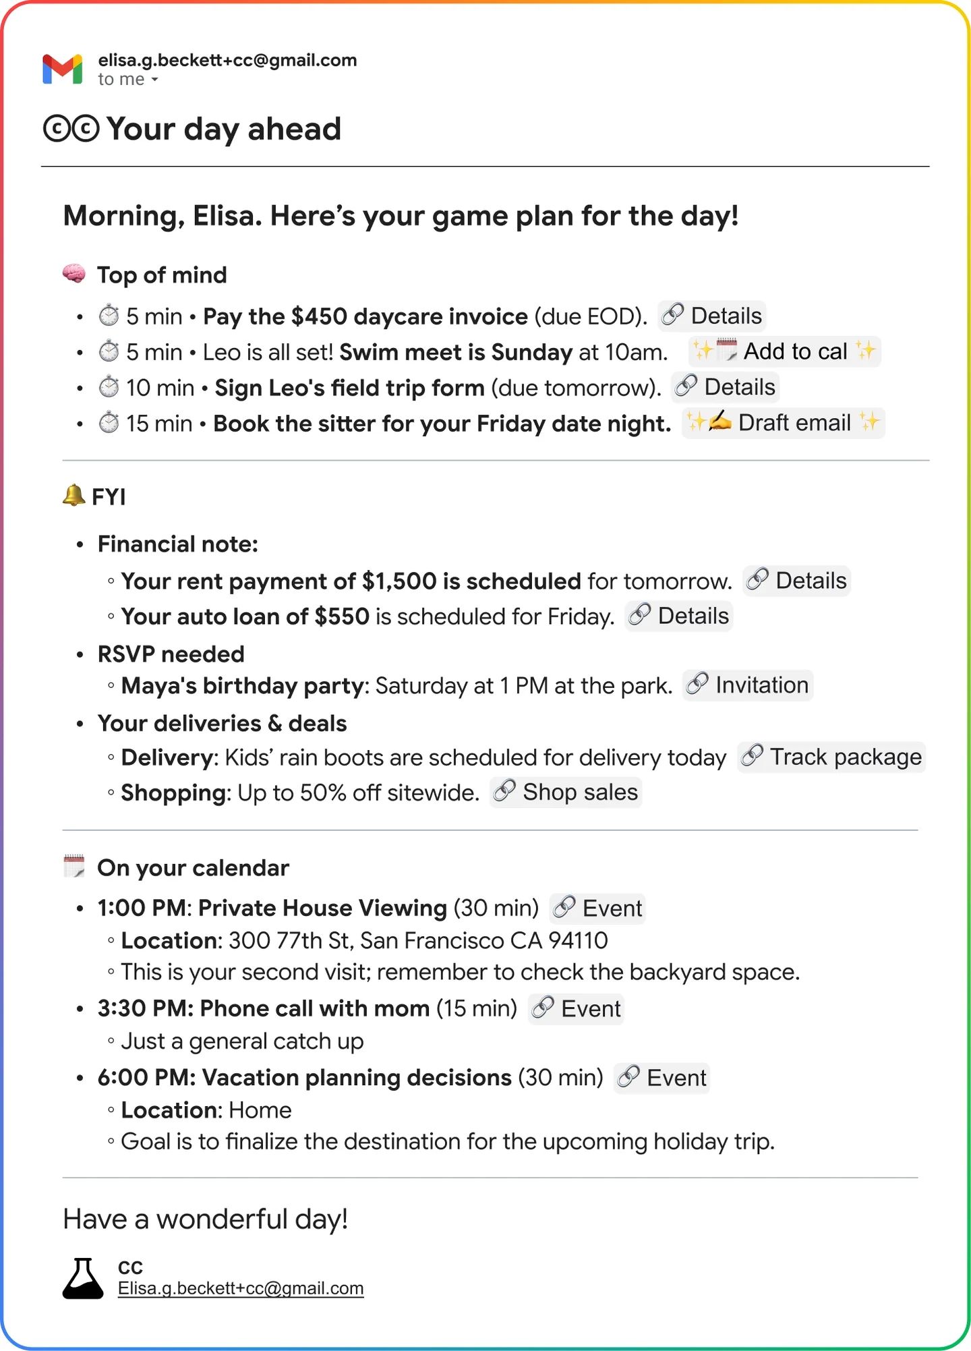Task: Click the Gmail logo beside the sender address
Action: (x=62, y=69)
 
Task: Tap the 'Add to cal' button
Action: (x=785, y=351)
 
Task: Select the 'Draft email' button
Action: (x=783, y=423)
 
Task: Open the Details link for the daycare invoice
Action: (x=711, y=316)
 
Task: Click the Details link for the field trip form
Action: (x=725, y=387)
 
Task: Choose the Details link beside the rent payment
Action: (x=796, y=581)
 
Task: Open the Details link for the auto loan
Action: (x=678, y=616)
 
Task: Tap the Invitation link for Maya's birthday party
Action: (x=747, y=685)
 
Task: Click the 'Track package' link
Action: (x=831, y=757)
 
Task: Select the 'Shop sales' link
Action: (x=566, y=792)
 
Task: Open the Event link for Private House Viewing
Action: (x=597, y=909)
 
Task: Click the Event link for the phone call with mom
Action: (x=576, y=1009)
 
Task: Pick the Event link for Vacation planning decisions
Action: (x=661, y=1078)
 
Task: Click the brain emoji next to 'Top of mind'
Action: (x=74, y=274)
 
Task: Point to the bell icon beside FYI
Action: (x=73, y=495)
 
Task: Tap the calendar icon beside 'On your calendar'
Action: (x=74, y=866)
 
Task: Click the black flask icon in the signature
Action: (x=82, y=1278)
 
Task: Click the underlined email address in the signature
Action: (x=241, y=1288)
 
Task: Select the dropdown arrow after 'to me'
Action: (x=155, y=80)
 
